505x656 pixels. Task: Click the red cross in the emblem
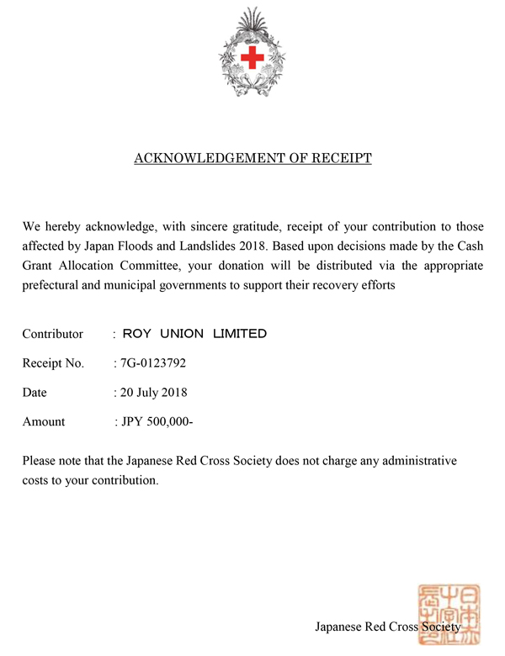252,57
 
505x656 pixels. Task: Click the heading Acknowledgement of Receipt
252,158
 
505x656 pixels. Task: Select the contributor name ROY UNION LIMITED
194,334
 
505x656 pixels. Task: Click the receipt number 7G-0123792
154,363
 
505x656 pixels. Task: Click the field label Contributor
53,334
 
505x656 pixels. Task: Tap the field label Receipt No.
53,363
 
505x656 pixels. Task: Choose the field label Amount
44,421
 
